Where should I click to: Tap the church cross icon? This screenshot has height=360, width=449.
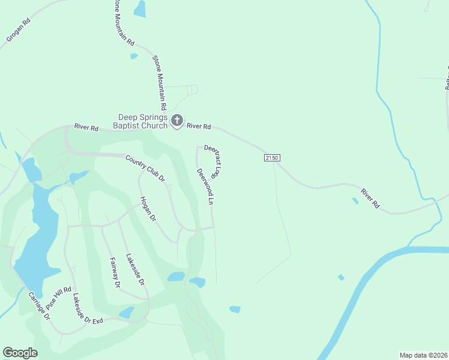[x=177, y=121]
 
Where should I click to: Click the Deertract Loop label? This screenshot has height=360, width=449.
[x=214, y=158]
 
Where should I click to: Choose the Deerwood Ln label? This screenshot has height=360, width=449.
[x=205, y=187]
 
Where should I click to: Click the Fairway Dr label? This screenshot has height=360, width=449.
[x=115, y=272]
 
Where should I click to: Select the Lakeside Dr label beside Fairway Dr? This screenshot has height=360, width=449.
[x=135, y=269]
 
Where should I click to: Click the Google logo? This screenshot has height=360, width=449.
[x=20, y=353]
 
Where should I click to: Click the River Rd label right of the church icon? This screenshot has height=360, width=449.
[x=199, y=126]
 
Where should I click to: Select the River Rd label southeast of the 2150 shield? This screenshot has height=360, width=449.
[x=370, y=199]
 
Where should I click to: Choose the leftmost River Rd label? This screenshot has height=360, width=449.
[x=86, y=127]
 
